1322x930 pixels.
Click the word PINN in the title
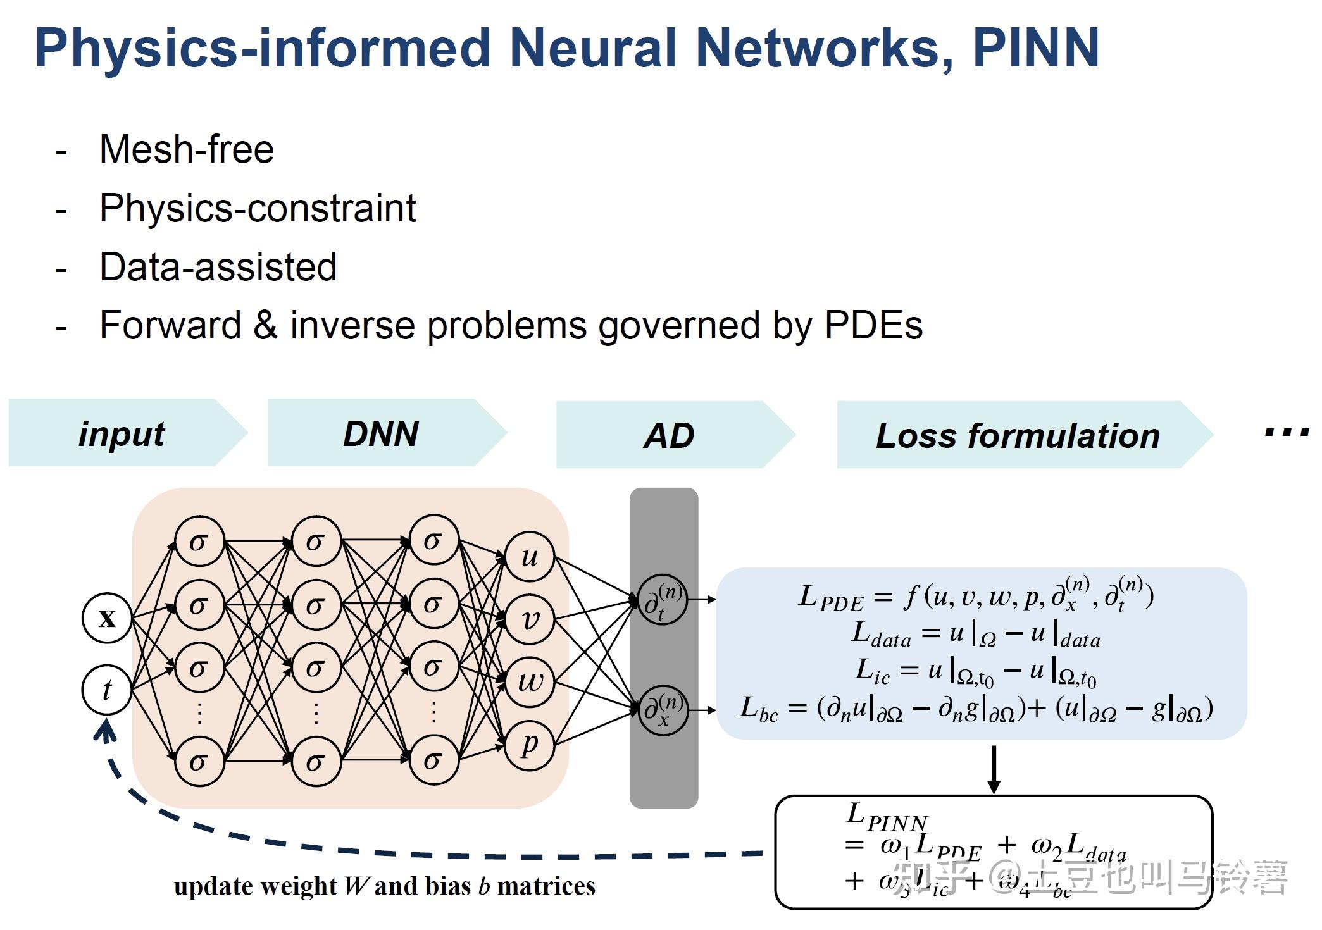[1035, 48]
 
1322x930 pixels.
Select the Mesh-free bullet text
[187, 150]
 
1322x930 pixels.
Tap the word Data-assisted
[218, 267]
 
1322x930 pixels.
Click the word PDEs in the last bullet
[873, 326]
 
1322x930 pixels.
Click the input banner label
[121, 434]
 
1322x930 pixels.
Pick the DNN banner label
[381, 434]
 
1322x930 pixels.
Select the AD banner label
[669, 436]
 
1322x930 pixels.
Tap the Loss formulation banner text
[1018, 436]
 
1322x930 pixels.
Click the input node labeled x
[107, 618]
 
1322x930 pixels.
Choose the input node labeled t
[107, 690]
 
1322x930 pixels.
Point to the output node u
[530, 557]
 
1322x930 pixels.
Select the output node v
[530, 619]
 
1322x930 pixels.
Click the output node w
[530, 681]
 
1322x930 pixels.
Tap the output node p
[530, 745]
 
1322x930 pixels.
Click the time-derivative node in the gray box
[663, 600]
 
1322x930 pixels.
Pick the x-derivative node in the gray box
[663, 710]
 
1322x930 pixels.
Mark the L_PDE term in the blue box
[831, 597]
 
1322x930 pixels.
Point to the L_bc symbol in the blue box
[759, 709]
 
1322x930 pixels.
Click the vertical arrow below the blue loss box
[994, 769]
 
